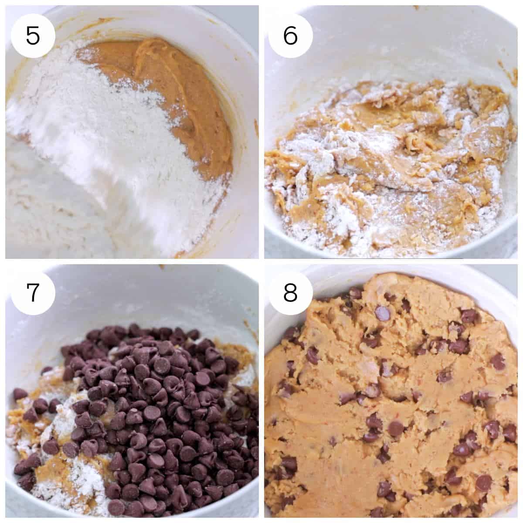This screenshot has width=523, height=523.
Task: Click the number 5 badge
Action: [x=33, y=35]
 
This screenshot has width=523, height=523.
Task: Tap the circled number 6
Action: [x=290, y=35]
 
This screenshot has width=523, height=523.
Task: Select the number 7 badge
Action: [x=33, y=293]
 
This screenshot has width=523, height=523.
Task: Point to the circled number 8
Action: [x=290, y=293]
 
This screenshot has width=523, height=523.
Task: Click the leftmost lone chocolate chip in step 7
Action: [x=19, y=394]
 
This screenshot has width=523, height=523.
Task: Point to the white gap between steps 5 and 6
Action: [x=261, y=131]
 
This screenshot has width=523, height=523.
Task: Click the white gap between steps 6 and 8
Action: [x=392, y=261]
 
